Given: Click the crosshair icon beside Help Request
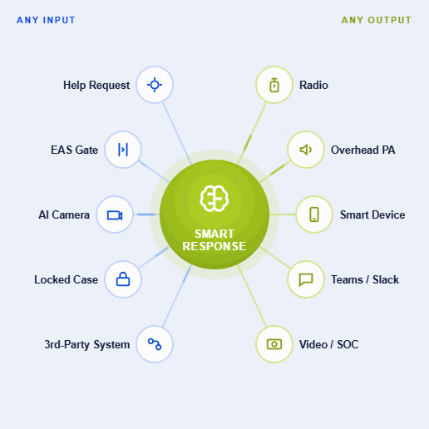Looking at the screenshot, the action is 155,85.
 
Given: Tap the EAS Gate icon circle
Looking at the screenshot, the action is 123,150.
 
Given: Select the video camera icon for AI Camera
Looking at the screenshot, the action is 115,215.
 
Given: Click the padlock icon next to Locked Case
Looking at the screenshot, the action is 123,279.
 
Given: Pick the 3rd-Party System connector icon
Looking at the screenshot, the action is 155,344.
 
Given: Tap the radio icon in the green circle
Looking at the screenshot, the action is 274,85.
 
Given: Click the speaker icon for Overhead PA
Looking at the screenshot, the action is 306,150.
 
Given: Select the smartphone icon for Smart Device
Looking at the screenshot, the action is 314,214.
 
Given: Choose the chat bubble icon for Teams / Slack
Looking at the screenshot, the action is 306,279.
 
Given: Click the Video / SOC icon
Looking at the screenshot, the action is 274,344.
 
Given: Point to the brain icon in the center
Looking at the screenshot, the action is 214,199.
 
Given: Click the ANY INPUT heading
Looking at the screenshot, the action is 46,20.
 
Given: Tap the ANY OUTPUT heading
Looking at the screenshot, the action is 377,20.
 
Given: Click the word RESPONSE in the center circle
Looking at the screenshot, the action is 214,246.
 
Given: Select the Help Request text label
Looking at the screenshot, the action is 96,86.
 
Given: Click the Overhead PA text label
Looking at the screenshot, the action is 363,150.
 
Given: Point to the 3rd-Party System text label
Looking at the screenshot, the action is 87,345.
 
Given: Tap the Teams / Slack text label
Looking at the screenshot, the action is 365,279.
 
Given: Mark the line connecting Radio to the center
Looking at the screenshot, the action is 252,133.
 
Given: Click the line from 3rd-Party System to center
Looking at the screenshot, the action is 177,296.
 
